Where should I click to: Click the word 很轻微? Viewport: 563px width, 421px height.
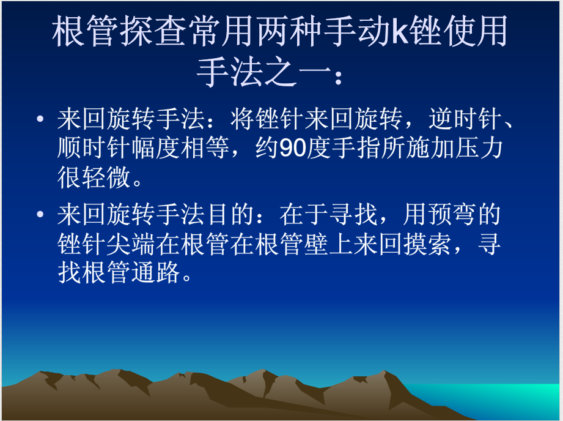[x=95, y=179]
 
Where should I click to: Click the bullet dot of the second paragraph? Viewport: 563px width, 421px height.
[x=40, y=215]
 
